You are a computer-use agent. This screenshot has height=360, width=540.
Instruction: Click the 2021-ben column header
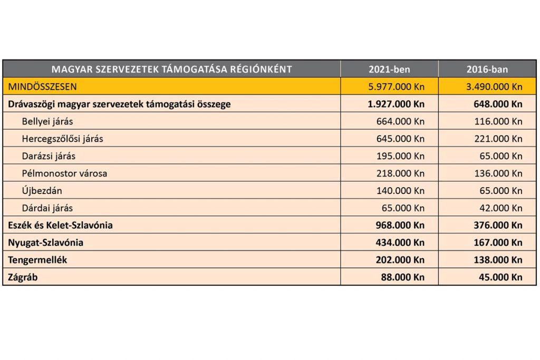point(389,69)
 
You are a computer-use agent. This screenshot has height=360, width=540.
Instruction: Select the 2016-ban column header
point(487,69)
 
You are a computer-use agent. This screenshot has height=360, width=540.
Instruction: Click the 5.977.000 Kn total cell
point(397,86)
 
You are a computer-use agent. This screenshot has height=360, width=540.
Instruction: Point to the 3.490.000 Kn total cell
point(494,86)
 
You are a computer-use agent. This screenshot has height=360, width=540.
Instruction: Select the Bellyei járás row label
point(47,121)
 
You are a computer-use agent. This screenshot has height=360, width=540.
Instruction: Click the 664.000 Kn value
point(400,121)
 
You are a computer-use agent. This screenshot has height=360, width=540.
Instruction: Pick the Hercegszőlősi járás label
point(62,139)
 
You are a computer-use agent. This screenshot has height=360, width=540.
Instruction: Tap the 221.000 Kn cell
point(498,139)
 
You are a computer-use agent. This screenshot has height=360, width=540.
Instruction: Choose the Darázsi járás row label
point(49,156)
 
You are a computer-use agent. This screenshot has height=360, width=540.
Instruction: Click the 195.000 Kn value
point(400,156)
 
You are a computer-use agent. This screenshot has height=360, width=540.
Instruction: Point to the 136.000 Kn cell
point(498,173)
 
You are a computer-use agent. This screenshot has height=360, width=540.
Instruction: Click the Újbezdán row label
point(42,190)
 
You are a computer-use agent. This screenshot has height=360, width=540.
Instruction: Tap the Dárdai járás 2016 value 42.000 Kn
point(500,208)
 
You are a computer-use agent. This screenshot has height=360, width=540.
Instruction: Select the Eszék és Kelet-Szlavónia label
point(60,225)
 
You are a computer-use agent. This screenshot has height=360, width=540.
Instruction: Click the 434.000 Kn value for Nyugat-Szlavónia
point(400,242)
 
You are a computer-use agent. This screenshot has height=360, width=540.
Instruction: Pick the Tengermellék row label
point(37,260)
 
